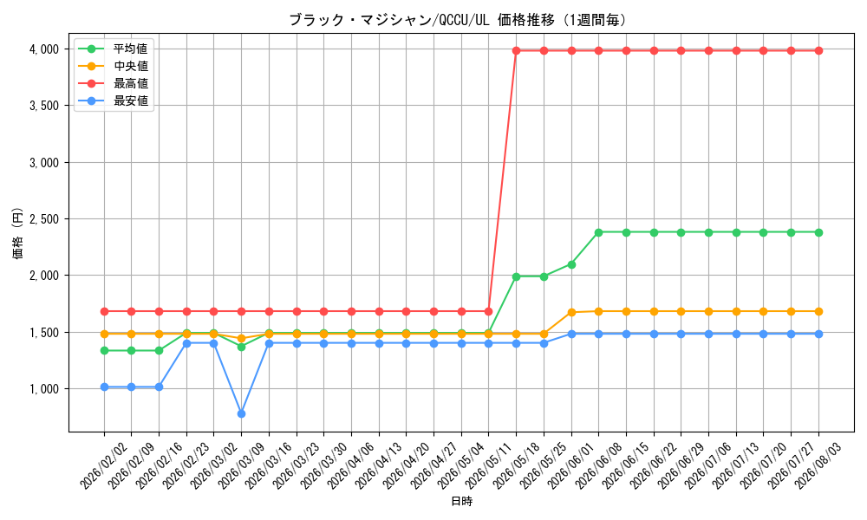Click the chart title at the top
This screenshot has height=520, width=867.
pos(458,21)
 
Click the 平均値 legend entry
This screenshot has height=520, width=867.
pos(114,49)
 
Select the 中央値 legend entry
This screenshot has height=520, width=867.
pos(114,67)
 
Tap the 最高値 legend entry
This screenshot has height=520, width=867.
pos(114,83)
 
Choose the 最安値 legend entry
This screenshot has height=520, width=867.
pos(114,101)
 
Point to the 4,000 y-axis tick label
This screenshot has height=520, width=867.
pos(44,49)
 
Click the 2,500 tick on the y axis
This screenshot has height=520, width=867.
pos(44,219)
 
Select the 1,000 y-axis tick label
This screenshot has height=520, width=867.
pos(44,389)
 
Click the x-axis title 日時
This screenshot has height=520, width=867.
pos(462,501)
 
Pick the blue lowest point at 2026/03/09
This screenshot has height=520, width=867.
pos(241,413)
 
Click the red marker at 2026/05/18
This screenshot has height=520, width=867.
pos(517,50)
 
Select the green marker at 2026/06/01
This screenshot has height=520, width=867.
pos(571,264)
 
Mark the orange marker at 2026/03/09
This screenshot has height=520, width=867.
pos(241,338)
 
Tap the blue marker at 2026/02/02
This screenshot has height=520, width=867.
pos(104,387)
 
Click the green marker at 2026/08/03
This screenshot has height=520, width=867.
pos(818,232)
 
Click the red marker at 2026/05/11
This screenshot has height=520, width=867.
pos(489,312)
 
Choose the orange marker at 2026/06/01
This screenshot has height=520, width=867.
pos(571,313)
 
